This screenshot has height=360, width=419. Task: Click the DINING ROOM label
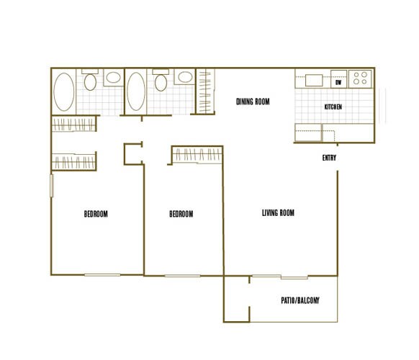(253, 102)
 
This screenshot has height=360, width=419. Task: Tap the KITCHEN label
(333, 107)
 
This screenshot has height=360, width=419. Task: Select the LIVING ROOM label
(278, 212)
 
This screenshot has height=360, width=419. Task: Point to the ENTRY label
(330, 158)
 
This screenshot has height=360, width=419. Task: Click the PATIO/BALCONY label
(299, 300)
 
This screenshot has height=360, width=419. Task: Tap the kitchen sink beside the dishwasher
(315, 79)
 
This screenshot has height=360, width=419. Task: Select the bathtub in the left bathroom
(64, 92)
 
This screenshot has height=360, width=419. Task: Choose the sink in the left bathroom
(113, 78)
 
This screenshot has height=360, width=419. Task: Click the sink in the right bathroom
(184, 78)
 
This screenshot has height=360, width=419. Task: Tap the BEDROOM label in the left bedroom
(96, 214)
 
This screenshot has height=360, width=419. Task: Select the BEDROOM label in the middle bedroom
(181, 214)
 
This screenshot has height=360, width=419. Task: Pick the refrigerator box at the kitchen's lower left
(307, 132)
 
